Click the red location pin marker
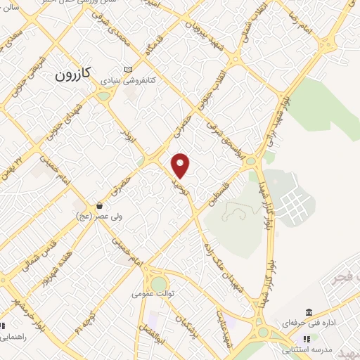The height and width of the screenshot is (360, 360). pyautogui.click(x=181, y=165)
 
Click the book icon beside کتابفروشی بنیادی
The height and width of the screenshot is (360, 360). pyautogui.click(x=127, y=70)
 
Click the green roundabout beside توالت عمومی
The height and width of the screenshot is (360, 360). pyautogui.click(x=159, y=281)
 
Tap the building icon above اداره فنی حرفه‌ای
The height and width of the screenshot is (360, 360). pyautogui.click(x=309, y=312)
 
